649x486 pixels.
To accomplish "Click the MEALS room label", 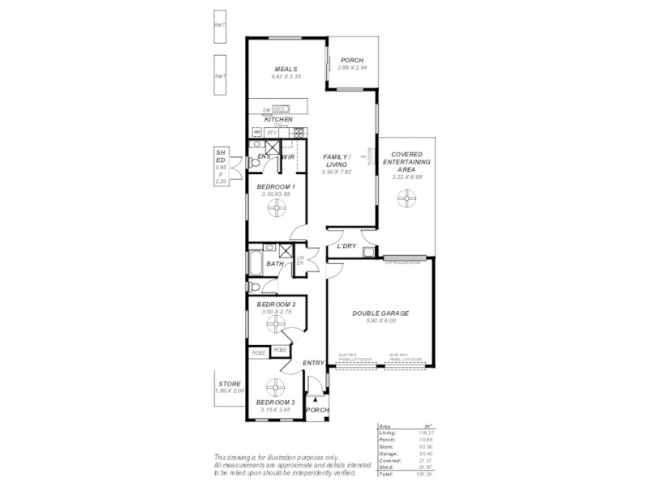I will point(286,69).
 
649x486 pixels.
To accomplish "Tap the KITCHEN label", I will point(278,119).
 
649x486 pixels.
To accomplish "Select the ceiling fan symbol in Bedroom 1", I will point(277,210).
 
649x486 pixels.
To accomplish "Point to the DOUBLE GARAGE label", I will point(380,313).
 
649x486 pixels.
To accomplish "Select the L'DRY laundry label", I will point(347,246).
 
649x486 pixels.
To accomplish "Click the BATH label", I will point(274,264).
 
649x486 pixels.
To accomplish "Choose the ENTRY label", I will point(313,363).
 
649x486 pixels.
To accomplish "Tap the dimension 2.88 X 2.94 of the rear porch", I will point(352,67).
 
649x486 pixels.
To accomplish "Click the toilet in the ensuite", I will point(255,164).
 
